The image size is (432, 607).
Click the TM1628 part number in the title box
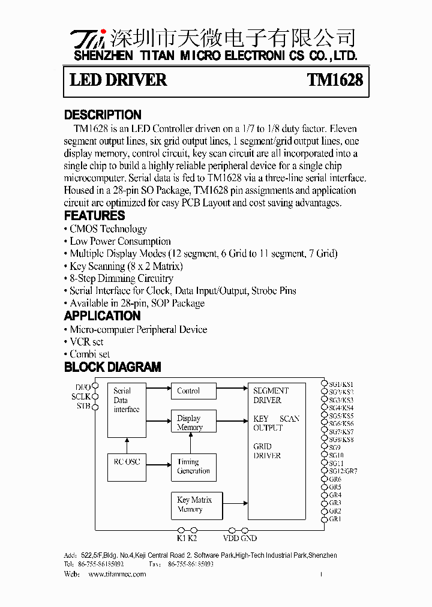335,80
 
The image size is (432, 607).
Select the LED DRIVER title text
118,80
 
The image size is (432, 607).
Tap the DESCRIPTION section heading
103,115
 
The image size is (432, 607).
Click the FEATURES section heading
94,215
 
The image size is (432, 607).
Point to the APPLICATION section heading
102,315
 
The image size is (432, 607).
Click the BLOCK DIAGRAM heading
112,366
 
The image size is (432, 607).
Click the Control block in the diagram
191,391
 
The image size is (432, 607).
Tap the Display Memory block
191,422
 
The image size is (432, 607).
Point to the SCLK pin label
80,396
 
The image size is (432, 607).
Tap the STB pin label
83,406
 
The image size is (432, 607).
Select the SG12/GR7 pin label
343,471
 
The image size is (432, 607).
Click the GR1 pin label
335,519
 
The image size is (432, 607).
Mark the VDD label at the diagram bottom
230,538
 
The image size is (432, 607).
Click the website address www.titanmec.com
117,574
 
